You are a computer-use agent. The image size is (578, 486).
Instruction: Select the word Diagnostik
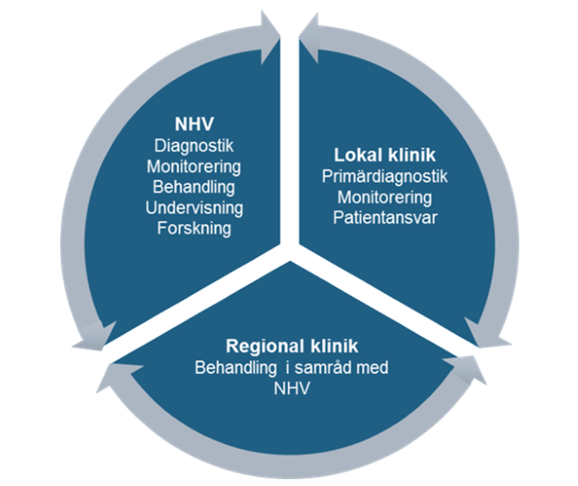tap(194, 146)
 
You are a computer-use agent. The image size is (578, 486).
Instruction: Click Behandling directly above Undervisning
tap(194, 187)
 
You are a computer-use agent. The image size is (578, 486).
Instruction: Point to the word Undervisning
tap(194, 207)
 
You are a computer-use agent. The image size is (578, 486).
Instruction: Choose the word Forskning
tap(194, 228)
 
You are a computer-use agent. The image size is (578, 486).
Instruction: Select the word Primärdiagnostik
tap(385, 178)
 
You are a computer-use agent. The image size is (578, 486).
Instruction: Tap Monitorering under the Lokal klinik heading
tap(385, 198)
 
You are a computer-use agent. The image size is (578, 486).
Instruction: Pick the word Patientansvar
tap(385, 217)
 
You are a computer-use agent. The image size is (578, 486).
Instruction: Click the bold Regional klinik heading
tap(291, 347)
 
